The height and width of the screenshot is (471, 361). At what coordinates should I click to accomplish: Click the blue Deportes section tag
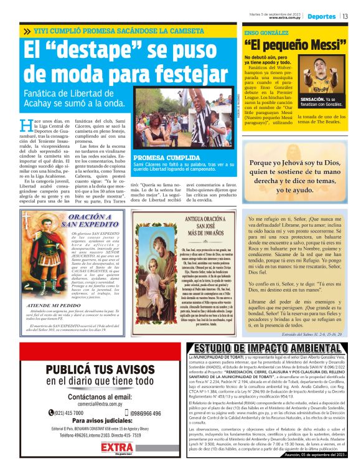click(x=322, y=16)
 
